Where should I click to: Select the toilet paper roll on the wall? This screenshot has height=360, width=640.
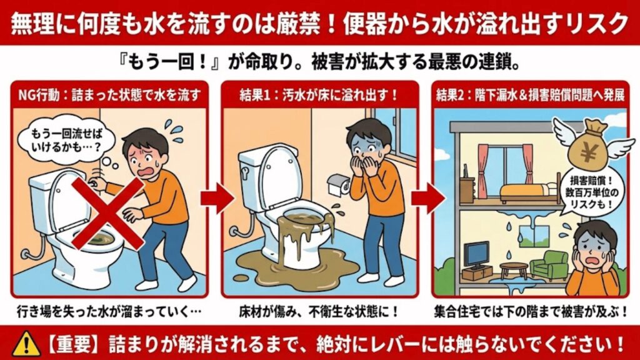[338, 182]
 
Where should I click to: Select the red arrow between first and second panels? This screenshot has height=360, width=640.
[216, 199]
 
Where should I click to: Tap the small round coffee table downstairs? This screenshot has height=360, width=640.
[514, 267]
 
